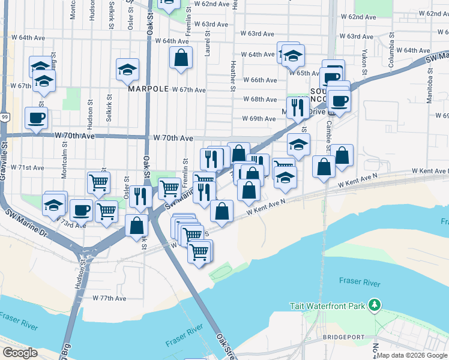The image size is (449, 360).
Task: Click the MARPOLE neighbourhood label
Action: [148, 89]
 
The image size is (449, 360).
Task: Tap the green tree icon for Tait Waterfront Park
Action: [375, 305]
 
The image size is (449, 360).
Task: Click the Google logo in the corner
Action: [20, 353]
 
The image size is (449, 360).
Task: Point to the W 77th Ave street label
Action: [109, 298]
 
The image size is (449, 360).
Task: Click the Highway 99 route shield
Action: [5, 117]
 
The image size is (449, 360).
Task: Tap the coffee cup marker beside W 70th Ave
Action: [36, 118]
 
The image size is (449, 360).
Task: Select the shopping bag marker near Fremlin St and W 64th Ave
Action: [181, 58]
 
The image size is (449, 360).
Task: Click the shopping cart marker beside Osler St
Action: [98, 181]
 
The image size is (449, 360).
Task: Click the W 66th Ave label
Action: [259, 80]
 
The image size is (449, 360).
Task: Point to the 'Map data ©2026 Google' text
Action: [412, 355]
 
